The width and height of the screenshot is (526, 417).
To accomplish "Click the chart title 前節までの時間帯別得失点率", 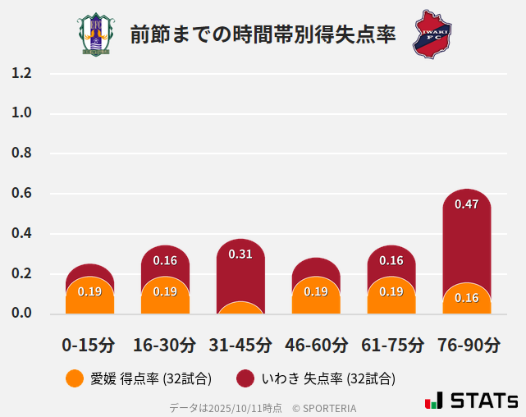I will point(263,34).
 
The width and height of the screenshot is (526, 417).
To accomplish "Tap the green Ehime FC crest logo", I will point(96,34).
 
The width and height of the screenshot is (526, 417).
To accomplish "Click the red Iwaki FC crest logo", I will point(432,34).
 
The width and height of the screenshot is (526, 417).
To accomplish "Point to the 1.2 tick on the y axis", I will point(21,73).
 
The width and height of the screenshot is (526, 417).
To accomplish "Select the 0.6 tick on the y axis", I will point(21,194).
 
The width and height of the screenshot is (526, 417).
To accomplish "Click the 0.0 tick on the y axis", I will point(21,313).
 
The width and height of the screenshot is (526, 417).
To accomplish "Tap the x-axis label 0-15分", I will point(89,344).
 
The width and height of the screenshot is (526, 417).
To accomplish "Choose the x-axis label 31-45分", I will point(240,344).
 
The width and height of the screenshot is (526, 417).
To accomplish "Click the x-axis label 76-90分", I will point(467,344).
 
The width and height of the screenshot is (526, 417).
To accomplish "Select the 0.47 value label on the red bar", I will point(466,204).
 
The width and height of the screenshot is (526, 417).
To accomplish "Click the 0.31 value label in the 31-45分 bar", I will point(240,254).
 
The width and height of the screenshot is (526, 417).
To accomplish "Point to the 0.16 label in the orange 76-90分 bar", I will point(466,298).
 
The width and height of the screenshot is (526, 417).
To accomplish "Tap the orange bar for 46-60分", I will point(316,296).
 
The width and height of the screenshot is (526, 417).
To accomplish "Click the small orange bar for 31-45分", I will point(240,308).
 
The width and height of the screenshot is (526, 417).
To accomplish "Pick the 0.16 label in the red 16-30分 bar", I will point(165,261).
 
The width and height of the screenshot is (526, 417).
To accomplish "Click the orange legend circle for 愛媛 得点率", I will point(75,378).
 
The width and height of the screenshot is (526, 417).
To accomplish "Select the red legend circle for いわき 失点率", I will point(245,378).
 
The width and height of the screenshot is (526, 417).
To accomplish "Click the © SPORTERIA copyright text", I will point(324,407).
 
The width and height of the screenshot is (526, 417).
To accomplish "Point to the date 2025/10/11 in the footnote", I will point(234,407).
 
